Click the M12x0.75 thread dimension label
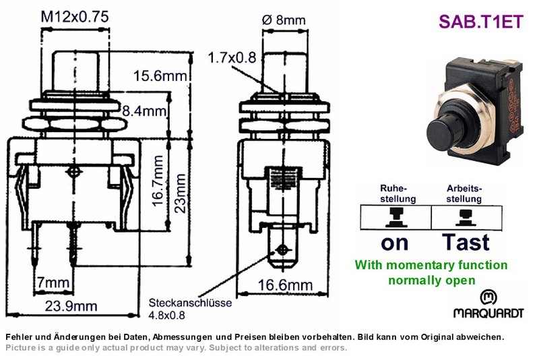75,16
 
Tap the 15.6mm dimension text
160,76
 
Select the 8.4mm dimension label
144,111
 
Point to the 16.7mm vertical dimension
158,181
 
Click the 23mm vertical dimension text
180,193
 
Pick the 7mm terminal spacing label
53,282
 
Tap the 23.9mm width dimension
71,306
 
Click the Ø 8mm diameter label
284,20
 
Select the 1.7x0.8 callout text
232,58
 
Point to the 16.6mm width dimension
285,285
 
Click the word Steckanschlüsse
190,303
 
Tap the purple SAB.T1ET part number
481,22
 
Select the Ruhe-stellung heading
398,193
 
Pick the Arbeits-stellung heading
464,193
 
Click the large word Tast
466,243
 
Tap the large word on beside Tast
395,244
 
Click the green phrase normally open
432,280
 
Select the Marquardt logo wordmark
488,313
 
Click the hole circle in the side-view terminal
282,250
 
